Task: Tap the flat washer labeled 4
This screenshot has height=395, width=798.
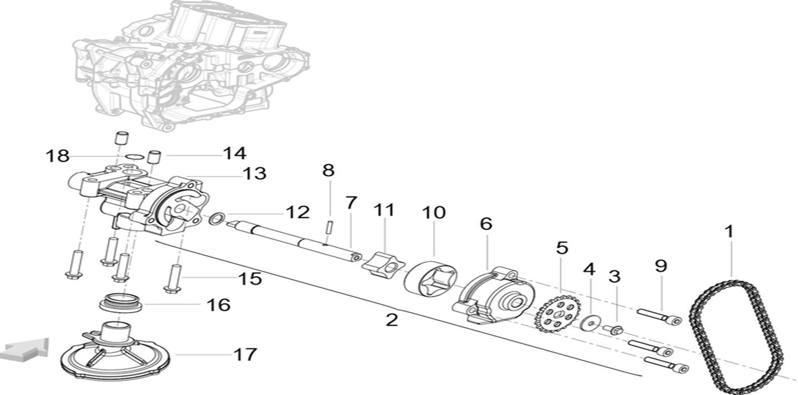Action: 589,322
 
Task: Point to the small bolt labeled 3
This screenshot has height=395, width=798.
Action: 613,329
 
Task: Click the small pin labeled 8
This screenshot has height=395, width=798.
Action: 329,226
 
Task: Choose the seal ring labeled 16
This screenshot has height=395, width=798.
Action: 121,301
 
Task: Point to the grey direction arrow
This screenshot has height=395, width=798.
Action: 24,350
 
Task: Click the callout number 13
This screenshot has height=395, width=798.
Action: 253,173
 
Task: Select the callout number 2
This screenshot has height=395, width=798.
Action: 391,319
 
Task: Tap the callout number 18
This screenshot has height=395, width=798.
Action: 57,156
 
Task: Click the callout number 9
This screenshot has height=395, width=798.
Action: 661,266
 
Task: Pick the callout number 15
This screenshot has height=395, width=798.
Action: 251,279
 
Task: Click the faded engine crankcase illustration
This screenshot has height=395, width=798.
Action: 189,63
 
